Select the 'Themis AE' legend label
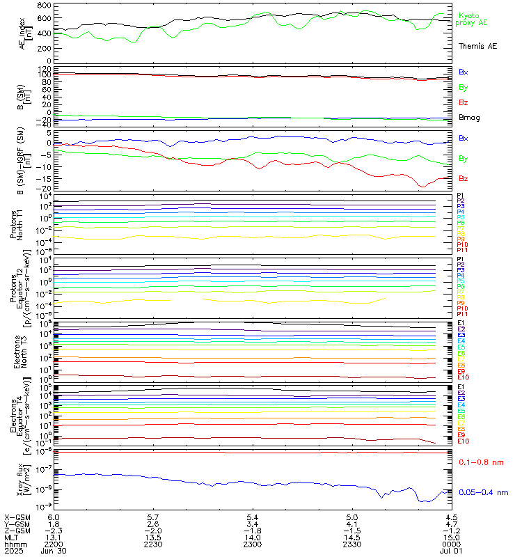477,45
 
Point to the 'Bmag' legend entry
469,118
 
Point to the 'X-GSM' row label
15,517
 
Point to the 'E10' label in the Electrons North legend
463,377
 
